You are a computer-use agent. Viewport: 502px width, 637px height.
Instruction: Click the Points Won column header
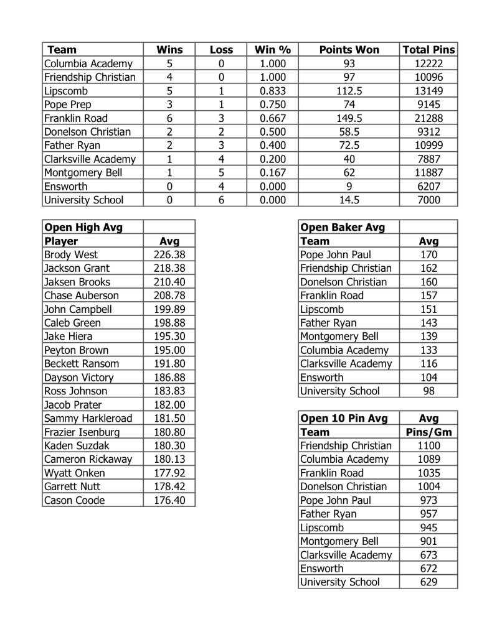click(x=349, y=50)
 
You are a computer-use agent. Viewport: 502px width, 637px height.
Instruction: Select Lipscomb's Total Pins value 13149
click(x=429, y=91)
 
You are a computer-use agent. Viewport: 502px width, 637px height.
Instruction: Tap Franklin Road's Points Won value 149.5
click(x=349, y=118)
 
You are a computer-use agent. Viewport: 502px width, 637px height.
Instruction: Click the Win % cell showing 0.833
click(x=272, y=91)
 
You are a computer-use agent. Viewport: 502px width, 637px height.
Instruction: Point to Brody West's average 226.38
click(x=169, y=254)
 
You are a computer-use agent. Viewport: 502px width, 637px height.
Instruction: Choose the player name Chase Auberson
click(x=81, y=295)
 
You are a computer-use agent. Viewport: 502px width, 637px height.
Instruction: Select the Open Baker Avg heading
click(x=343, y=227)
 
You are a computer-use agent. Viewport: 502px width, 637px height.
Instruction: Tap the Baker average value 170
click(x=429, y=254)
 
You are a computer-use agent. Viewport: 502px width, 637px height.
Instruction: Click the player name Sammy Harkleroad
click(x=88, y=419)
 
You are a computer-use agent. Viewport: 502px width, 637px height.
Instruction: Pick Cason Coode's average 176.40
click(x=169, y=501)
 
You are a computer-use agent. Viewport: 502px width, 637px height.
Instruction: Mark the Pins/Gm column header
click(x=429, y=432)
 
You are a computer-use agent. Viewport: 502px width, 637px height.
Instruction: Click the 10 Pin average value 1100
click(x=429, y=446)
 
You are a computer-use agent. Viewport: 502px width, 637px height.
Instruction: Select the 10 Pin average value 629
click(x=429, y=582)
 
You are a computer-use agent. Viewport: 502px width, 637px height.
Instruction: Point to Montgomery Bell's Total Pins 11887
click(x=429, y=173)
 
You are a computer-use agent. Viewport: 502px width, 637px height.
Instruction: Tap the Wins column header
click(x=169, y=50)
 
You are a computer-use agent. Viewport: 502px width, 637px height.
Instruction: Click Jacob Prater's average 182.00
click(x=169, y=405)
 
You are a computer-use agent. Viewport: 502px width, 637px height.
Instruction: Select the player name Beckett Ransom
click(x=81, y=364)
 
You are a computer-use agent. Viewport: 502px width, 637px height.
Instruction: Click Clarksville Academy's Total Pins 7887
click(x=429, y=159)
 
